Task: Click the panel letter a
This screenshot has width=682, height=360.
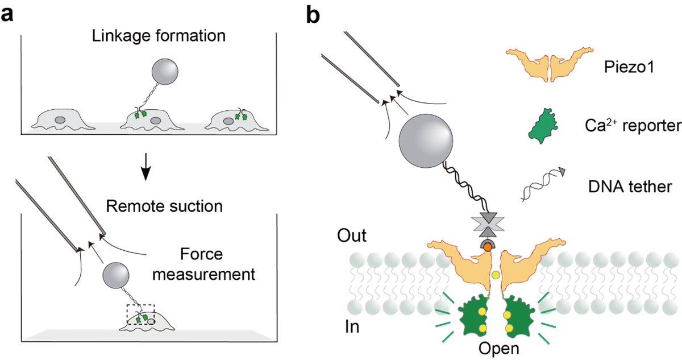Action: [7, 15]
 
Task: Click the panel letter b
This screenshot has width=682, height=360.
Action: [313, 14]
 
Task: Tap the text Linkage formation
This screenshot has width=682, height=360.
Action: [159, 36]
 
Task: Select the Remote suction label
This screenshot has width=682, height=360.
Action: [164, 206]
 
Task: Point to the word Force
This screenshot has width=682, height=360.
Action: [201, 254]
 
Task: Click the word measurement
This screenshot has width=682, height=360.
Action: [203, 275]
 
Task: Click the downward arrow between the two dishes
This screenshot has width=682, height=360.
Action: [146, 167]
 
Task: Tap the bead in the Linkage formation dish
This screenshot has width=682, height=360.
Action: [165, 72]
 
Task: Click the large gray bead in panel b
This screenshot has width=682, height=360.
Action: [426, 140]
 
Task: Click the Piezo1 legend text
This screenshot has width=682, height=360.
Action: [629, 67]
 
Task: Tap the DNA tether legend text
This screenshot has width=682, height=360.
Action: [630, 187]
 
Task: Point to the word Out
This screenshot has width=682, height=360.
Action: [352, 235]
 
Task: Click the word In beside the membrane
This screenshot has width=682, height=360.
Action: [352, 327]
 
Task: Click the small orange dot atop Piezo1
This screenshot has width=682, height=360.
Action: [488, 247]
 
